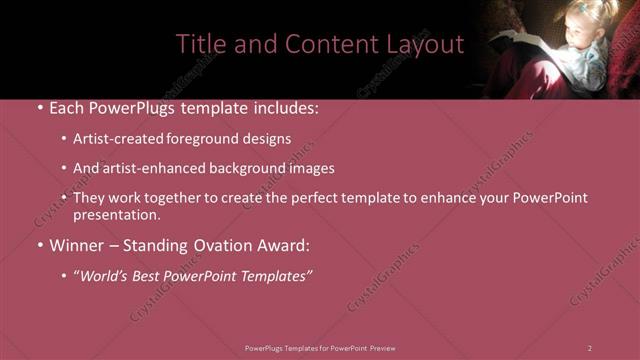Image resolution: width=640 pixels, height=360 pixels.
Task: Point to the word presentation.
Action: tap(116, 214)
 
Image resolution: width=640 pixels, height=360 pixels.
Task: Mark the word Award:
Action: tap(286, 244)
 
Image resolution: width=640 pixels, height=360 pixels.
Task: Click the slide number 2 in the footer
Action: tap(590, 347)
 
